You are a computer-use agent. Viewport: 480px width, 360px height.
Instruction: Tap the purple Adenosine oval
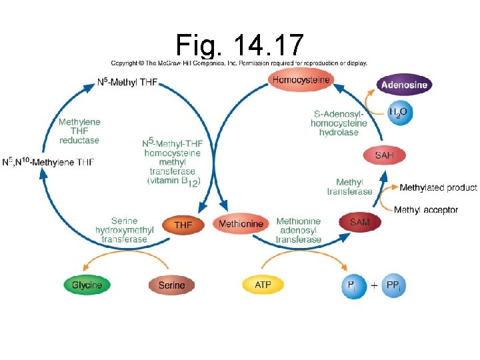[x=404, y=85]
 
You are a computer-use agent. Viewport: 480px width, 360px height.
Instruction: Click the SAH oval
[x=384, y=155]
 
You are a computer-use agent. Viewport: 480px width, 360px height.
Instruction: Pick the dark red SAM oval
[x=360, y=223]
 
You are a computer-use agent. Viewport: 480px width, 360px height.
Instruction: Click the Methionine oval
[x=241, y=224]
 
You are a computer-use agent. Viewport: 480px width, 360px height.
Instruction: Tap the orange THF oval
[x=183, y=225]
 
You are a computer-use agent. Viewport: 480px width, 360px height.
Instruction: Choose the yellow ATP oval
[x=263, y=285]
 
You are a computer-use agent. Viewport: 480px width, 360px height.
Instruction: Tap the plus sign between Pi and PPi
[x=373, y=285]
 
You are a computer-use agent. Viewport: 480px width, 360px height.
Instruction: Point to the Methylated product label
[x=438, y=188]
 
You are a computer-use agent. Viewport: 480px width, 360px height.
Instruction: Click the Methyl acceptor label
[x=426, y=210]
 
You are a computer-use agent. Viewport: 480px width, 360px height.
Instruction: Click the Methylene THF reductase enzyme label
[x=79, y=131]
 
